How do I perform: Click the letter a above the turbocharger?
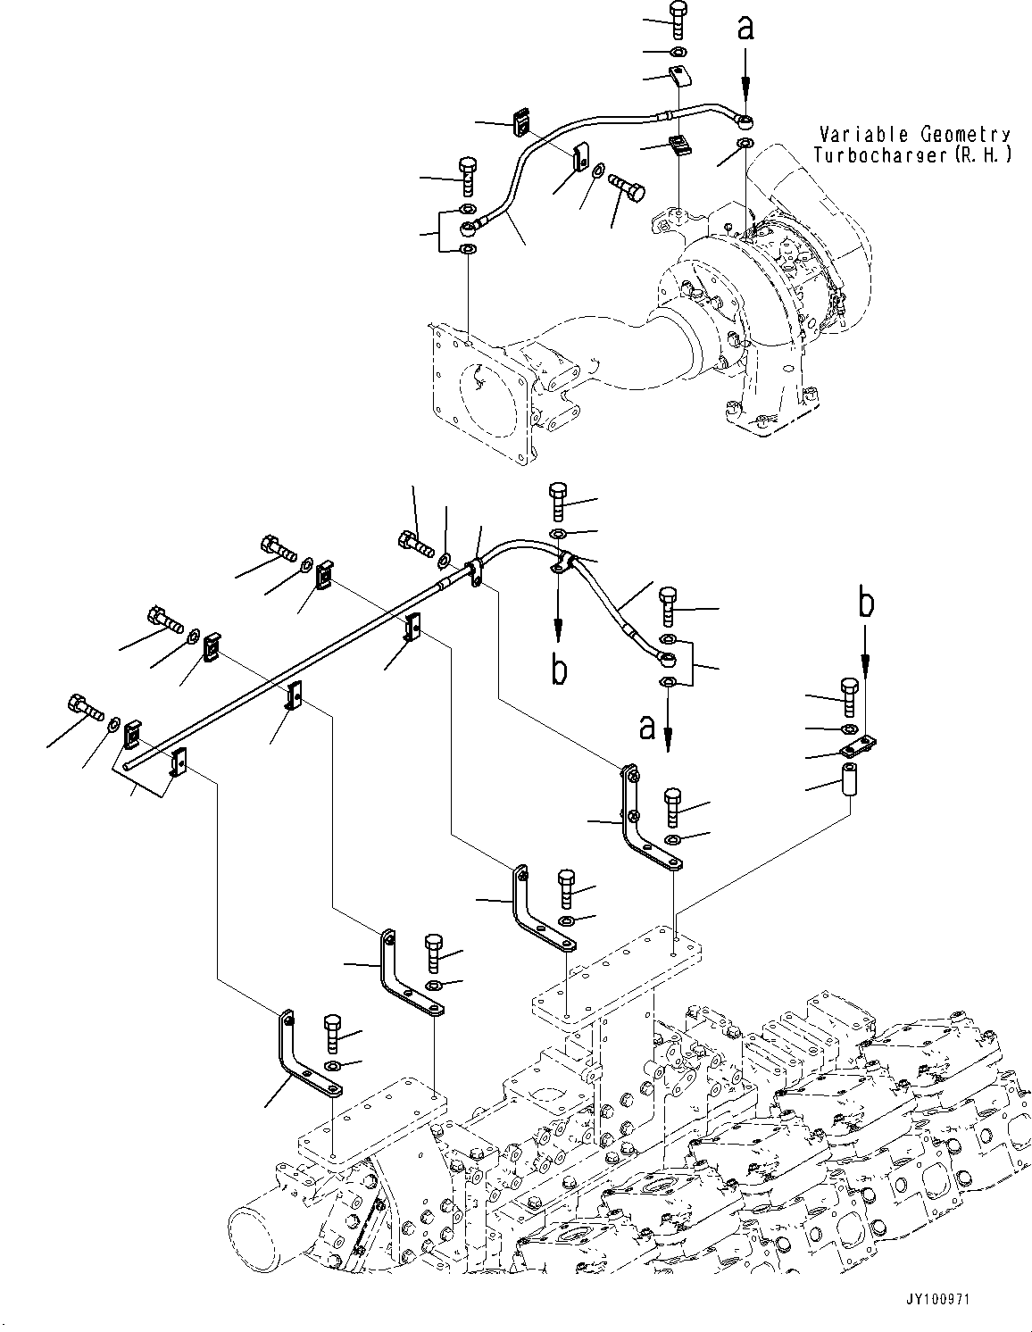(745, 29)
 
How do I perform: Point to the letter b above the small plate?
(865, 604)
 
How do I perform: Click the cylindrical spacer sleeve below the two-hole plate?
(847, 774)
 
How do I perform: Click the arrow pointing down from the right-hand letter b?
(865, 658)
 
